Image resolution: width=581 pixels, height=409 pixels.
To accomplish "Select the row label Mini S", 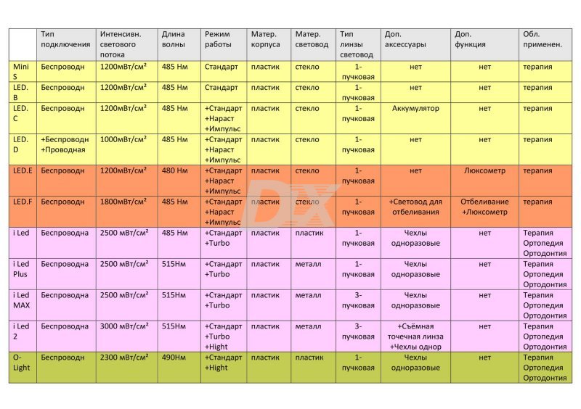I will coord(21,72).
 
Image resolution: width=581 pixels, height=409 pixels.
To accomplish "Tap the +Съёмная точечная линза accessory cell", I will coord(415,336).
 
